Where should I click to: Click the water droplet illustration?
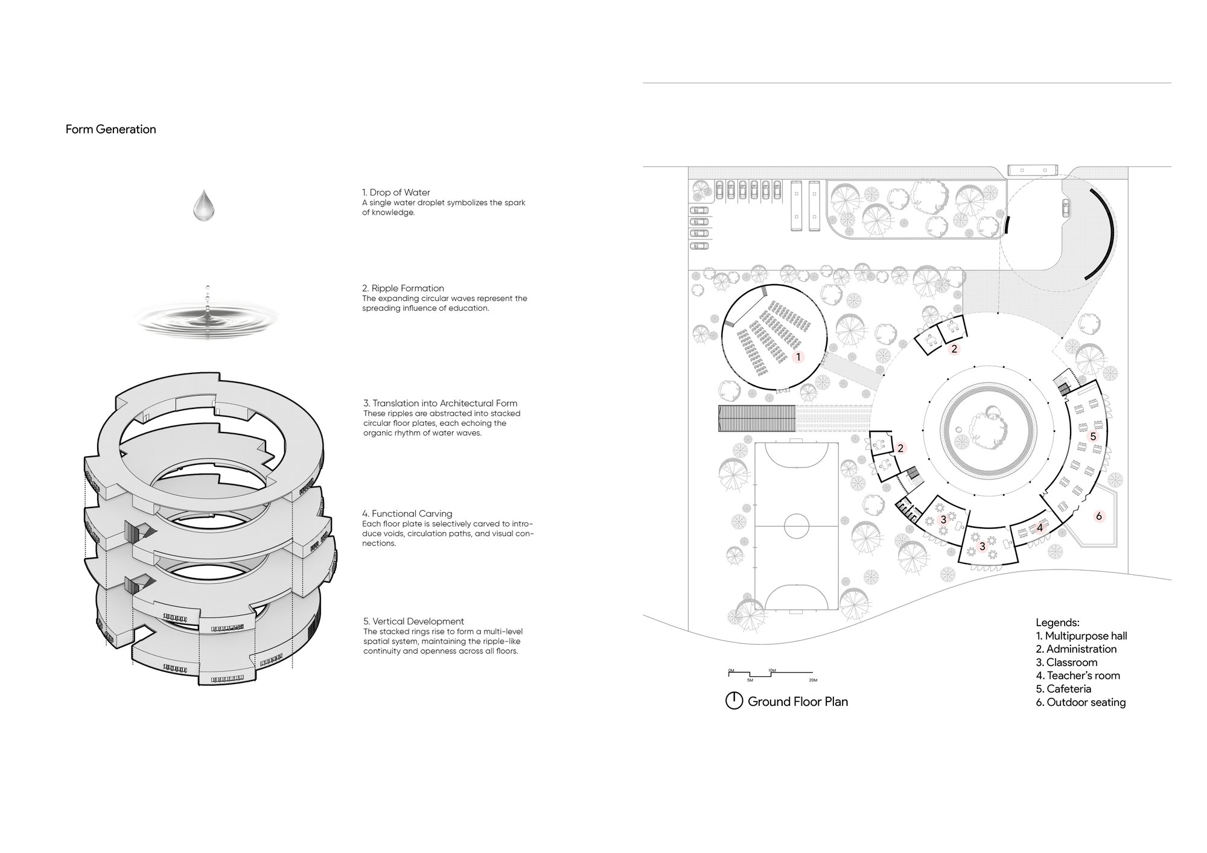tap(203, 205)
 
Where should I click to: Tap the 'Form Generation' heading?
tap(111, 129)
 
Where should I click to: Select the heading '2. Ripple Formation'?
tap(403, 288)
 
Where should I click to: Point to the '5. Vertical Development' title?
tap(413, 621)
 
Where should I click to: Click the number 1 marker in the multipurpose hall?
tap(798, 357)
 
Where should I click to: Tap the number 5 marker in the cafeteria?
tap(1092, 436)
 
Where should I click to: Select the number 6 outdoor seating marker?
tap(1098, 516)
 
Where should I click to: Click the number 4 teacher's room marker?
tap(1039, 528)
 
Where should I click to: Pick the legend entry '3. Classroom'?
tap(1066, 662)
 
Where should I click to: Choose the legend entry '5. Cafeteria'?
tap(1063, 689)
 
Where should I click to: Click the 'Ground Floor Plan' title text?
tap(798, 702)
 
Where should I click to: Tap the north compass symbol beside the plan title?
tap(734, 701)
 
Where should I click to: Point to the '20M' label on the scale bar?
tap(813, 680)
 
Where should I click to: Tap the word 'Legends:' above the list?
tap(1057, 623)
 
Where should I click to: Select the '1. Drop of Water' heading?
tap(396, 192)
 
